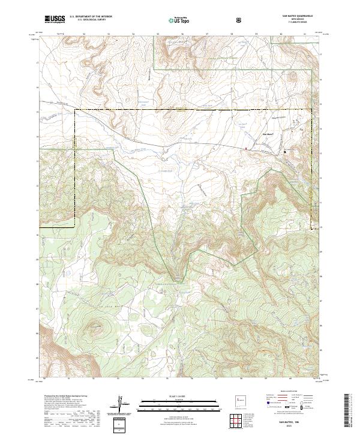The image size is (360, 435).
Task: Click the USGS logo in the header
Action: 55,19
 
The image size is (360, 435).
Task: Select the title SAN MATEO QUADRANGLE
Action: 293,16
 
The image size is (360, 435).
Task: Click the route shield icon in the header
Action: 240,20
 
